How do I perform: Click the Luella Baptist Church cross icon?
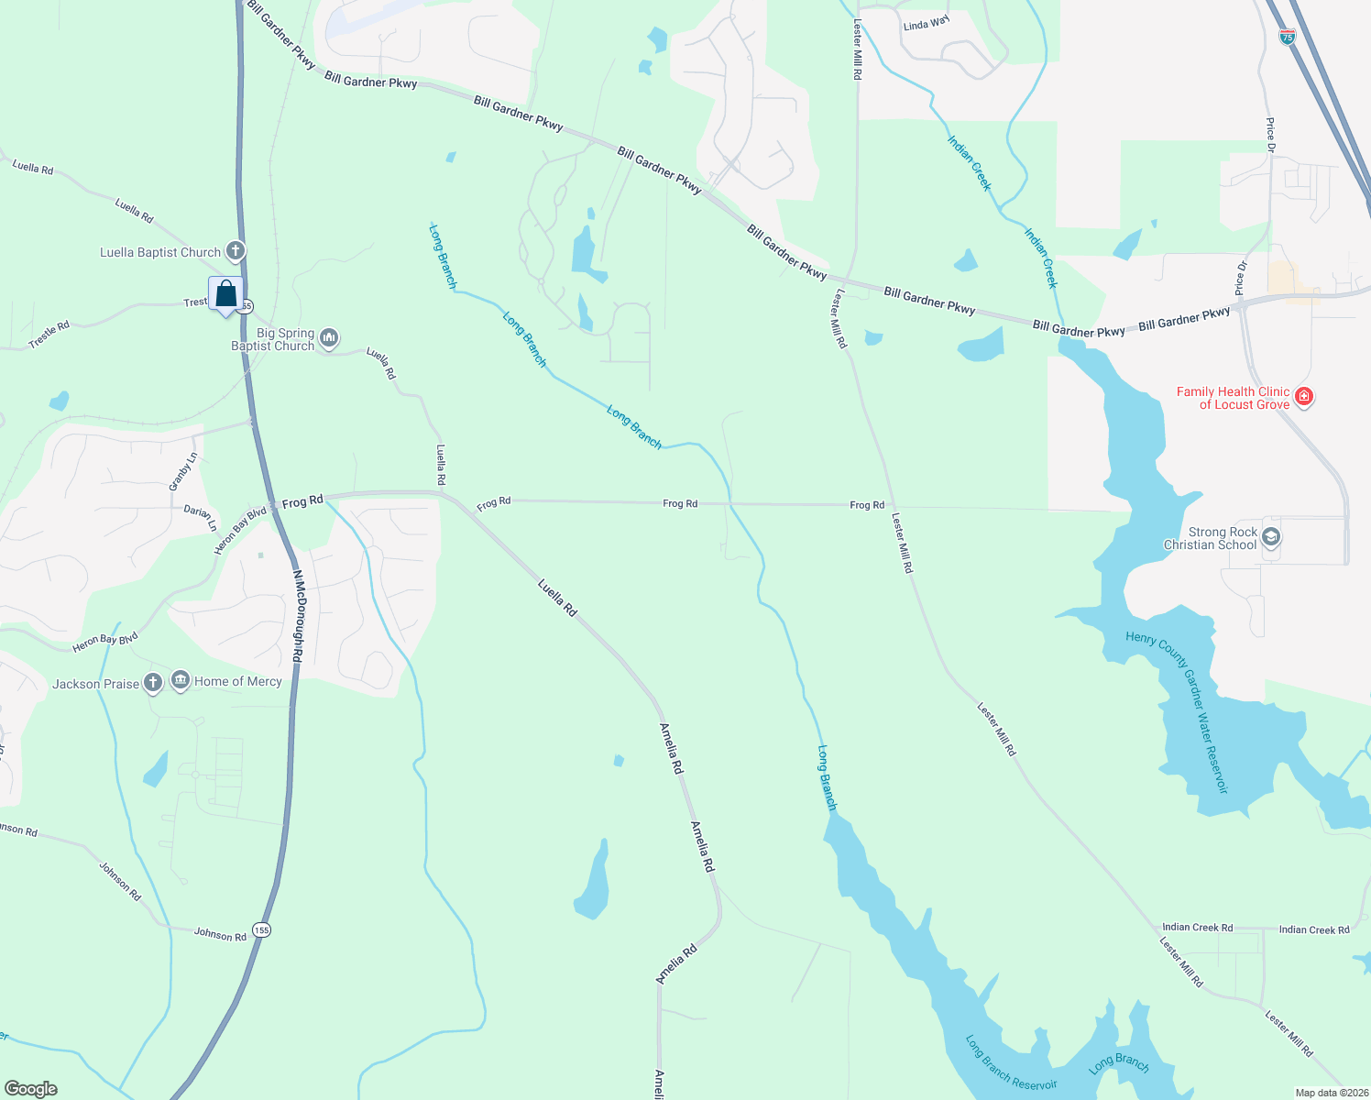236,251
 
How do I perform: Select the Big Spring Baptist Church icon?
329,339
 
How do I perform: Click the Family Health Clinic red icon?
1304,397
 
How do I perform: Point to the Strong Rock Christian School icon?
1270,537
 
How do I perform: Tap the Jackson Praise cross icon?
153,683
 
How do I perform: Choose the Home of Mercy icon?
181,681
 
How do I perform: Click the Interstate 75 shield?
1288,38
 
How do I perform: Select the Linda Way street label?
926,24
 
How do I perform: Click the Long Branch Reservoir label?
1011,1063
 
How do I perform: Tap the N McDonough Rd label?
298,616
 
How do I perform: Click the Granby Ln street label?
183,471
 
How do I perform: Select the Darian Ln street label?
201,517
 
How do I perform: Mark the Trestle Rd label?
49,335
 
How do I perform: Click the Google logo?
30,1089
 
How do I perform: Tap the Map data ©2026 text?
1331,1093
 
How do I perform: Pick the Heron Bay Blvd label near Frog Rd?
239,531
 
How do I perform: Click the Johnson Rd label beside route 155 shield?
220,934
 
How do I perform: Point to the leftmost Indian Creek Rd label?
1197,927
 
